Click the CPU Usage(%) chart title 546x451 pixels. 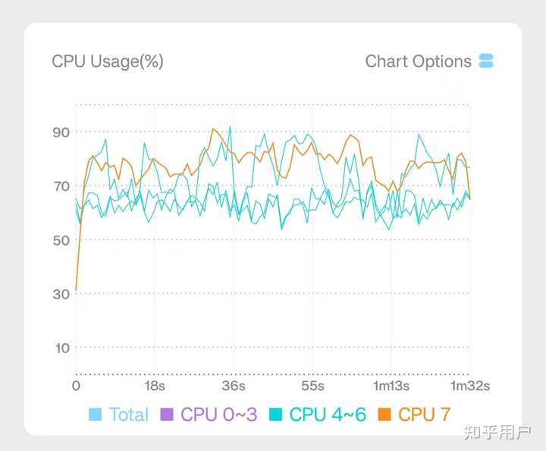click(108, 61)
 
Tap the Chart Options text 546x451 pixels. click(418, 61)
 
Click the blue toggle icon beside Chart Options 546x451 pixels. click(486, 61)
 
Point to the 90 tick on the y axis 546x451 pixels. click(61, 133)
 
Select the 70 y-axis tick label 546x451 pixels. click(61, 186)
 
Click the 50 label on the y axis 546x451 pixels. click(61, 240)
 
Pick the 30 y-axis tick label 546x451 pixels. click(61, 294)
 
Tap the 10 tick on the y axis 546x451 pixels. click(61, 348)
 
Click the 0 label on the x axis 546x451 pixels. click(76, 387)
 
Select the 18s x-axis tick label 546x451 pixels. click(155, 387)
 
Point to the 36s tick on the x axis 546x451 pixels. click(234, 387)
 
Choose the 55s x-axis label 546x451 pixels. click(312, 387)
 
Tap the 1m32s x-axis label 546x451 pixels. click(469, 387)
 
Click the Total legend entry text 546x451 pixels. click(129, 415)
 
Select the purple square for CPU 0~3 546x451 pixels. click(167, 415)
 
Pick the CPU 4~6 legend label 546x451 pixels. click(328, 415)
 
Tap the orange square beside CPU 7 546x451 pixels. click(384, 415)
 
